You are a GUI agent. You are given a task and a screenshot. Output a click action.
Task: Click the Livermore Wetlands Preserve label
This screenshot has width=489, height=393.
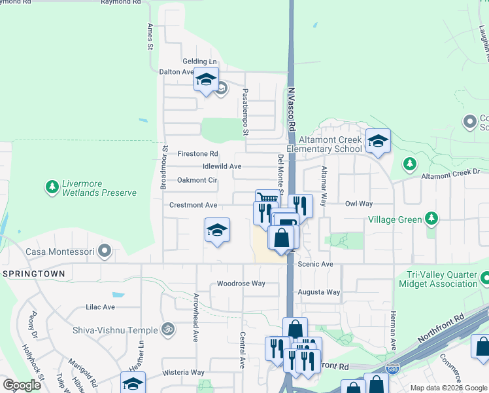coord(99,188)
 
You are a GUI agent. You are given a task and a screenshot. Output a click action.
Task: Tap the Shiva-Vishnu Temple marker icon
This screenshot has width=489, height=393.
coord(168,329)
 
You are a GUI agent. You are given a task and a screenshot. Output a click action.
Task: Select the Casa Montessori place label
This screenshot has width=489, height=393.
coord(59,252)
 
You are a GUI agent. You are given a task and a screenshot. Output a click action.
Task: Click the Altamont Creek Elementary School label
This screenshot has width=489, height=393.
coord(329,144)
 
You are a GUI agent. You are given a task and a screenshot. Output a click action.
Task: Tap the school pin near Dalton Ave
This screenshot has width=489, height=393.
coord(207,80)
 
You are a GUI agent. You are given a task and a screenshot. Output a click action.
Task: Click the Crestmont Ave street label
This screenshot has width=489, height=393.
coord(193,205)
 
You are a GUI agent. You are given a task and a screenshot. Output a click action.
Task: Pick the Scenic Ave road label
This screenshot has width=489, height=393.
coord(316,264)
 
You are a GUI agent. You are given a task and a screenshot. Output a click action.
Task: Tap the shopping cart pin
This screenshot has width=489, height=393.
coord(267,198)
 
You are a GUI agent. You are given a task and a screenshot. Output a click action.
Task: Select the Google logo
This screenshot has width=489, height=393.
coord(22,385)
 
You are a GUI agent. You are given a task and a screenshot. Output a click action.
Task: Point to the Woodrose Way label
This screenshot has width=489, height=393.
coord(241,284)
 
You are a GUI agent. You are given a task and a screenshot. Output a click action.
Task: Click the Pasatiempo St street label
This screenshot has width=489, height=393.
coord(246,113)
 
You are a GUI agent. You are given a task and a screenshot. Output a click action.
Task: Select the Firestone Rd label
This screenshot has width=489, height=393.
coord(197,154)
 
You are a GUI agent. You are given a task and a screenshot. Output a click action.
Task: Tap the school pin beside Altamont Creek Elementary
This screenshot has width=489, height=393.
coord(378,140)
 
